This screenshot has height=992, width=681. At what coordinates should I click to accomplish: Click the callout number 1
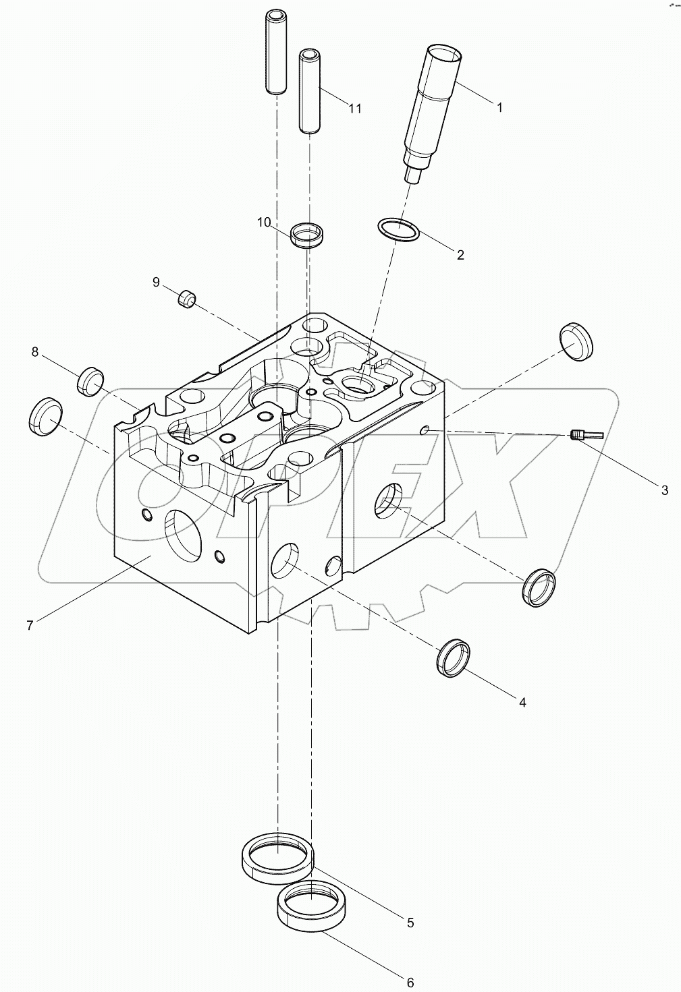point(499,107)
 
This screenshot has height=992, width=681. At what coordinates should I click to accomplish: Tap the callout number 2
point(460,255)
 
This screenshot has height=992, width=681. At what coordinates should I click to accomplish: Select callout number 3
point(664,490)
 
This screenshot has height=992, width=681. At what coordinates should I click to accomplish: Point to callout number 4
point(522,703)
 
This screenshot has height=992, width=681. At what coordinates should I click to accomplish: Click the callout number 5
point(410,923)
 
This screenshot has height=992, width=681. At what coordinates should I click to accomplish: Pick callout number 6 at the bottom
point(410,982)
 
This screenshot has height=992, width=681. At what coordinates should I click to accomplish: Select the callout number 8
point(34,351)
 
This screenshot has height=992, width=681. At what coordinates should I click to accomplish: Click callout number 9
point(156,282)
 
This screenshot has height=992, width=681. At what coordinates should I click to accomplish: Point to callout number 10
point(264,222)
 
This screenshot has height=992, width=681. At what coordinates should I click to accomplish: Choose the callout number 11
point(355,109)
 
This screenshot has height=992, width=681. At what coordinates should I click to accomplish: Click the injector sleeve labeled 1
point(434,108)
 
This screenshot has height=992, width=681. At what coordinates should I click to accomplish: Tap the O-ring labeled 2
point(398,230)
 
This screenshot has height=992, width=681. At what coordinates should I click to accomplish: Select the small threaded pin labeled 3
point(580,436)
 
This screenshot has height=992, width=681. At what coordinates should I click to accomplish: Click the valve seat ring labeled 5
point(277,856)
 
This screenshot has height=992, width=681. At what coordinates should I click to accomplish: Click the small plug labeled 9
point(186,298)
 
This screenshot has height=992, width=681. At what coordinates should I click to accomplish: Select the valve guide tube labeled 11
point(309,91)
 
